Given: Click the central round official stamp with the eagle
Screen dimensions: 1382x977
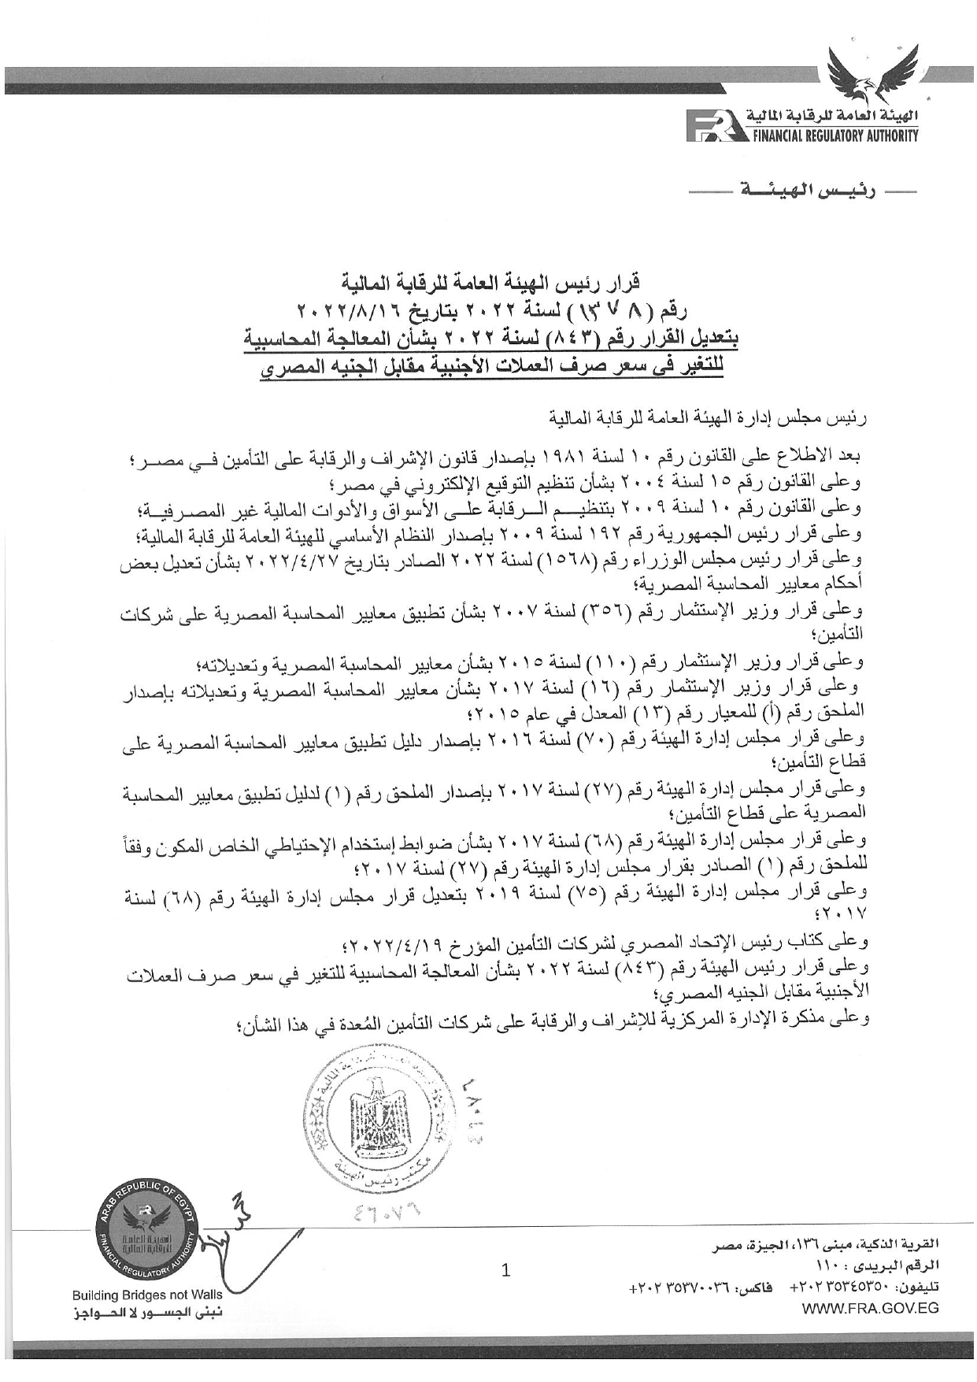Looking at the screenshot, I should (375, 1113).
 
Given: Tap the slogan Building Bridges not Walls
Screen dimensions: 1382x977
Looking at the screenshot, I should (146, 1295).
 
